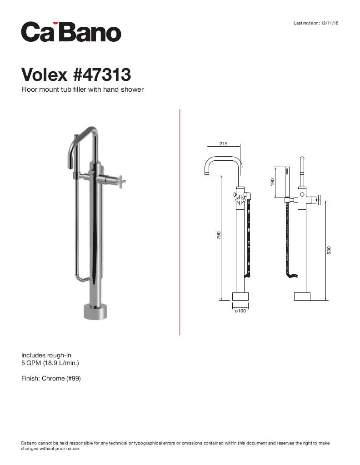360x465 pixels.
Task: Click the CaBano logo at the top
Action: (71, 32)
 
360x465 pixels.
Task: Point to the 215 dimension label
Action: (223, 144)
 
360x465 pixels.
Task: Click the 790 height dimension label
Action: (219, 235)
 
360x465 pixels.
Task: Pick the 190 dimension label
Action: (272, 182)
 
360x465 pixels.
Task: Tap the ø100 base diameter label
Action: (240, 311)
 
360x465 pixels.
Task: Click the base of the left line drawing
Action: (240, 297)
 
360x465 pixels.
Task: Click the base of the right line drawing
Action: (302, 297)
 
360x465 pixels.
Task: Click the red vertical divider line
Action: (180, 223)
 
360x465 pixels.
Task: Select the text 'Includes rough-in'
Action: (46, 355)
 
